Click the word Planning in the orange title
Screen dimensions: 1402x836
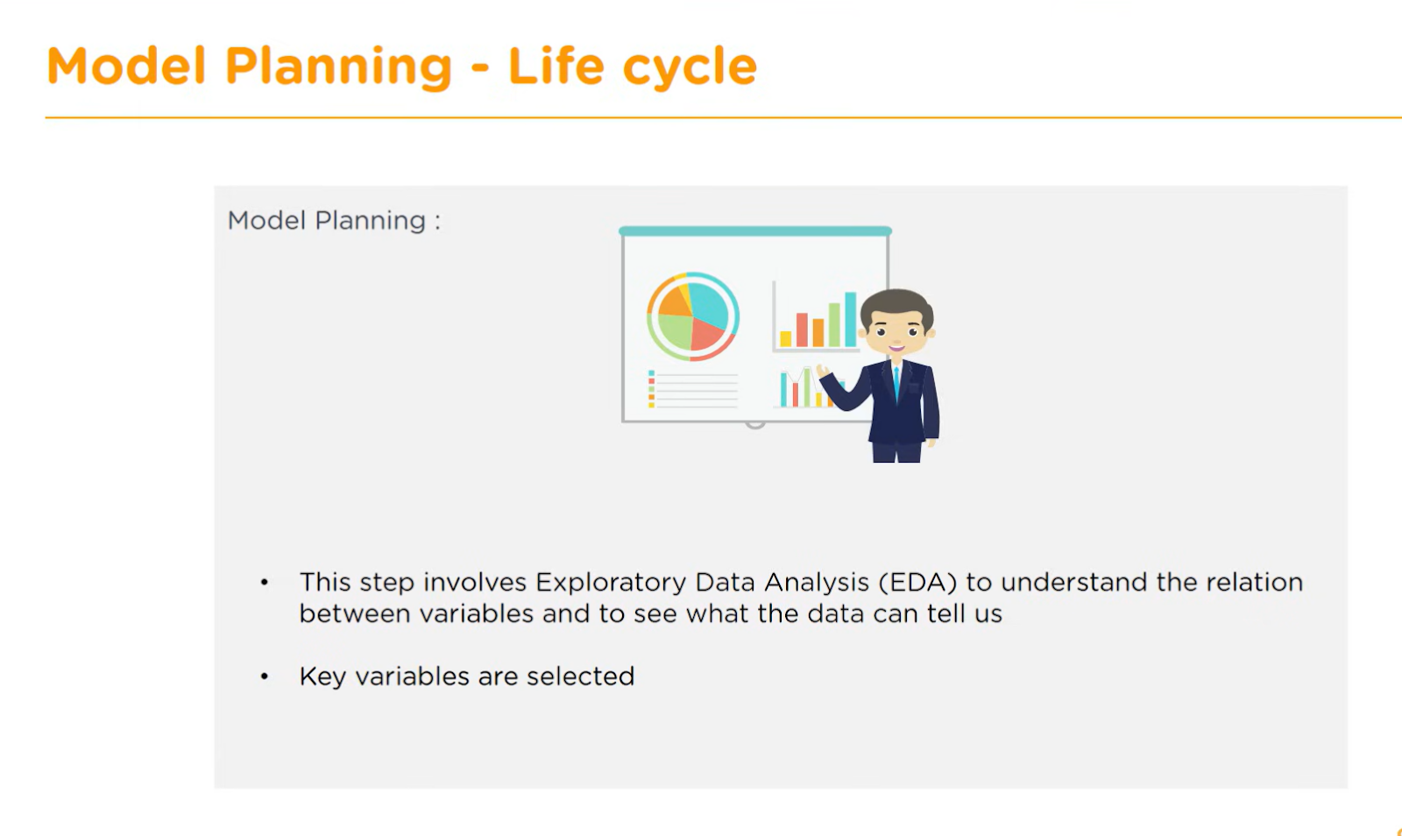click(338, 67)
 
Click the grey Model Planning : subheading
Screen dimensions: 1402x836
click(334, 220)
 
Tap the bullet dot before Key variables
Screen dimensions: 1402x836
click(264, 677)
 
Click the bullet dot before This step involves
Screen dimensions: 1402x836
click(264, 583)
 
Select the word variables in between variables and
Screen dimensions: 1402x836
click(477, 614)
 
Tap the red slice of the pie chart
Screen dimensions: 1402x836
click(706, 335)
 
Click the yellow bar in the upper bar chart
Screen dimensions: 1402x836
click(785, 338)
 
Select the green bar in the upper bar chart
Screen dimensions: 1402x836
click(834, 325)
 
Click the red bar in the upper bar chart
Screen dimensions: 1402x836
click(802, 329)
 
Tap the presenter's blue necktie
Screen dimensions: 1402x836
click(896, 382)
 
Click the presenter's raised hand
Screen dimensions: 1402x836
click(823, 372)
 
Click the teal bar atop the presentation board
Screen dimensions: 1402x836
click(755, 230)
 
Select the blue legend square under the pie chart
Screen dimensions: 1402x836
click(652, 373)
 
